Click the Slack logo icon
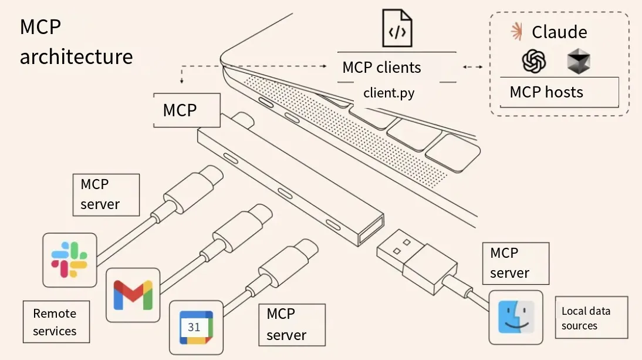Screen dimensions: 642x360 [70, 260]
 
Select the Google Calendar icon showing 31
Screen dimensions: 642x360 [196, 328]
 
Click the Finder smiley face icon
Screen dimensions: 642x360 [516, 317]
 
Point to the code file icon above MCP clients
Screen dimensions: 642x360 [397, 28]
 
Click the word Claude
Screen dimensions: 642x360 [559, 32]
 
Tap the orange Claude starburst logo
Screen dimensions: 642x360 [517, 32]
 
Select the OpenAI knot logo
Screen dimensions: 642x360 [534, 62]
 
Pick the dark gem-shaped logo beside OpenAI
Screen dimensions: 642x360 [579, 62]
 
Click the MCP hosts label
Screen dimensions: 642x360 [546, 92]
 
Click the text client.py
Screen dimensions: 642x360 [389, 93]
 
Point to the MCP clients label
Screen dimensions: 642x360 [381, 68]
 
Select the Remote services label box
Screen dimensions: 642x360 [56, 322]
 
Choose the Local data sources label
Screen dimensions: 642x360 [591, 318]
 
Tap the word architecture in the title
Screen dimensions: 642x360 [76, 56]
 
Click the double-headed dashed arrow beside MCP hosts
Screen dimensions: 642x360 [472, 67]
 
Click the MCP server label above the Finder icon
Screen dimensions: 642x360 [516, 263]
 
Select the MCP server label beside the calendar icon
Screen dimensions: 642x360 [292, 325]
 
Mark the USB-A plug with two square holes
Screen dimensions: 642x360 [417, 261]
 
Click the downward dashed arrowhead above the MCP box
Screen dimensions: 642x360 [182, 81]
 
